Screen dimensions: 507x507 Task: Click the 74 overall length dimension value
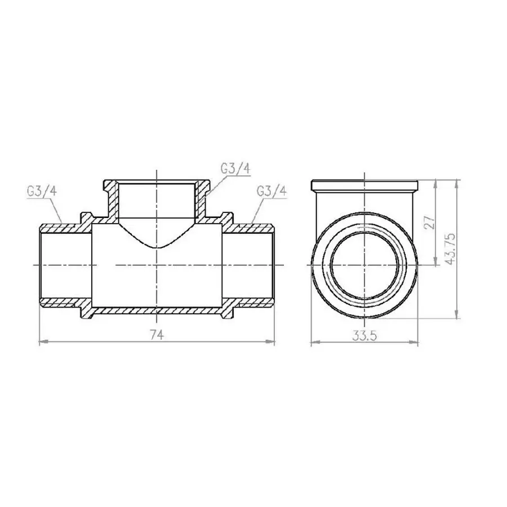157,335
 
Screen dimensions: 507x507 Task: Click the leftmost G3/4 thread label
41,191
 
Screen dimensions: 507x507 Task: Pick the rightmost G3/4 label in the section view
272,191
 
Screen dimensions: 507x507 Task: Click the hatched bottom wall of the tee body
157,310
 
